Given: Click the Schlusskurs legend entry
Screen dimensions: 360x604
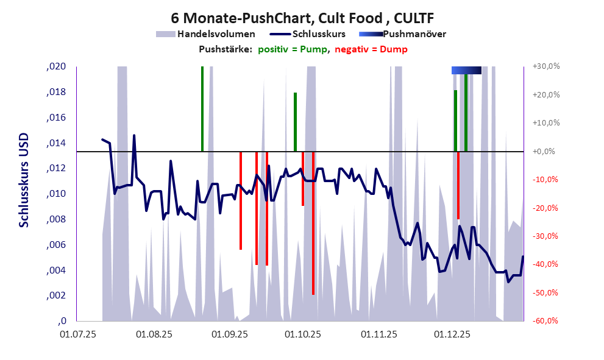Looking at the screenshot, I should click(x=318, y=34).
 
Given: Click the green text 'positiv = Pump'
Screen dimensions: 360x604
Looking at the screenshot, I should click(x=293, y=49).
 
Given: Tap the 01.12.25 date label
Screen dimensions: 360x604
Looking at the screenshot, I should click(x=452, y=334).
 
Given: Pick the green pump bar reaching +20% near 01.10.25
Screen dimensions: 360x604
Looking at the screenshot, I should click(x=295, y=122).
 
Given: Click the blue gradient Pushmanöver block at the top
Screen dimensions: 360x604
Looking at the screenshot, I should click(x=466, y=70).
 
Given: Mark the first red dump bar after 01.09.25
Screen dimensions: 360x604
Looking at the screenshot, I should click(x=241, y=201).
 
